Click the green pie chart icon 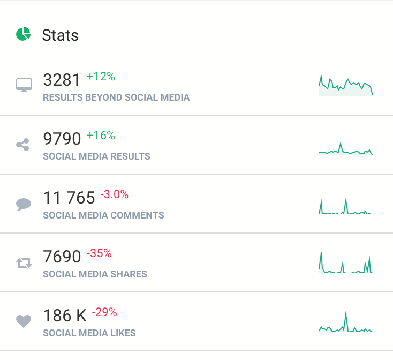(x=23, y=35)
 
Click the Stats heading (x=60, y=35)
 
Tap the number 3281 (x=62, y=80)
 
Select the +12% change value (x=101, y=77)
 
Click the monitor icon (x=24, y=85)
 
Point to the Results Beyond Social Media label (x=116, y=97)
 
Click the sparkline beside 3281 (x=345, y=86)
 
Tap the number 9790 (x=62, y=139)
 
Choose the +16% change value (x=101, y=136)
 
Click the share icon (x=23, y=144)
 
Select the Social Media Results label (x=96, y=156)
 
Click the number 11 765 (x=69, y=198)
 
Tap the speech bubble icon (x=24, y=204)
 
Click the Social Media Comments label (x=103, y=215)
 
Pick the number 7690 (x=62, y=257)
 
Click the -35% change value (x=99, y=253)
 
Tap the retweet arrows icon (x=24, y=262)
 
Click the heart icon (x=24, y=321)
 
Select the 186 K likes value (x=64, y=316)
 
